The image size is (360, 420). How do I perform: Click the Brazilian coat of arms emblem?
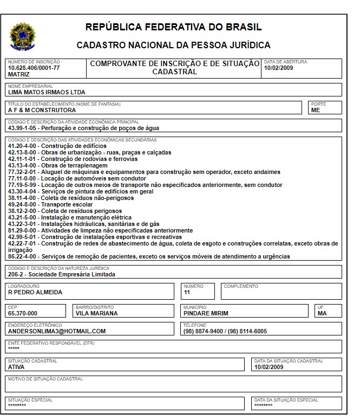point(22,35)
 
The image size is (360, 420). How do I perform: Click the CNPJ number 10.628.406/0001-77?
point(34,68)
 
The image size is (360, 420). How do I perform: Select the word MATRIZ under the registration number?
point(19,74)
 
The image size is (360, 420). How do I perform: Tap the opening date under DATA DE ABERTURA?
point(279,68)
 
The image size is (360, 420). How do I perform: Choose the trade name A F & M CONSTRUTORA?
point(42,110)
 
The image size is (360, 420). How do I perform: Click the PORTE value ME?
point(316,110)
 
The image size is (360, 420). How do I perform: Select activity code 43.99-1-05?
point(22,128)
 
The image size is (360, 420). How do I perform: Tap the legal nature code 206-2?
point(16,274)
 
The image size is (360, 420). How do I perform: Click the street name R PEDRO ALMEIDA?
point(35,292)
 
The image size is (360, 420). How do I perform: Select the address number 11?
point(187,292)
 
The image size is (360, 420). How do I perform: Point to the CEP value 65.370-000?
point(23,313)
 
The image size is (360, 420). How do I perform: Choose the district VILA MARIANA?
point(96,313)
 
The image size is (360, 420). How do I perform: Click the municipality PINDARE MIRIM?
point(206,313)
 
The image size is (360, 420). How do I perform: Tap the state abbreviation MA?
point(322,313)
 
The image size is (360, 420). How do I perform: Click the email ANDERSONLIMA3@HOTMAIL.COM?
point(57,331)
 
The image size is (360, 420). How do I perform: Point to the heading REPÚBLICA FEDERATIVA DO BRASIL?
point(173,27)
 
